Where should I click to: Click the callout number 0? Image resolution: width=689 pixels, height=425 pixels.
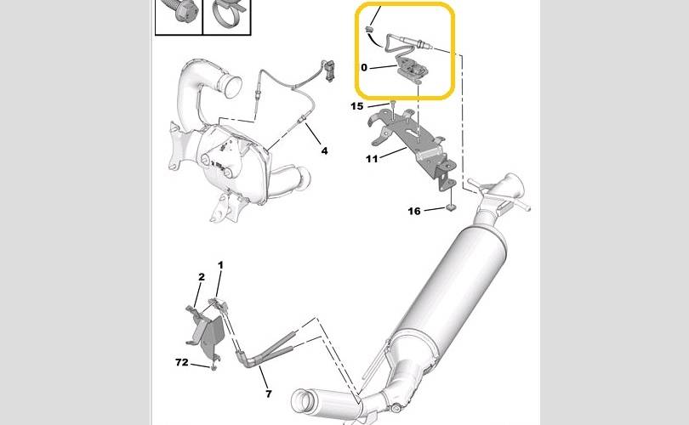tap(364, 68)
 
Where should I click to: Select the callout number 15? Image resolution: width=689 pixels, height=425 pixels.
tap(356, 106)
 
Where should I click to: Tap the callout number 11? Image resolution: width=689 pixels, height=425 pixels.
tap(372, 158)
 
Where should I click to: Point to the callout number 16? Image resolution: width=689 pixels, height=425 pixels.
tap(414, 211)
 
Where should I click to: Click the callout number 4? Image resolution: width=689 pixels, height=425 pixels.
tap(324, 151)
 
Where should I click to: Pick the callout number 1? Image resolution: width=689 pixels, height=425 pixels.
tap(220, 265)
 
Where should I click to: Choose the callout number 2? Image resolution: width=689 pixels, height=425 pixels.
tap(202, 277)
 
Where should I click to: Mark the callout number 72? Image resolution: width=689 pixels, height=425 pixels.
tap(181, 362)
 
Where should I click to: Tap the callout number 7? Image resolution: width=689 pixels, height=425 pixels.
tap(269, 394)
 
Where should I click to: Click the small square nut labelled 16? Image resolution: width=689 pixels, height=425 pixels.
tap(450, 207)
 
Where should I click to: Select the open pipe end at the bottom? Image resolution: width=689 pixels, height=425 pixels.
tap(302, 401)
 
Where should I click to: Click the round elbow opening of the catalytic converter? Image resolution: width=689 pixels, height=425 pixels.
tap(231, 83)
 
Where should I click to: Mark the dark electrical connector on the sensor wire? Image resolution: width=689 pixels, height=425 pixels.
tap(329, 70)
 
